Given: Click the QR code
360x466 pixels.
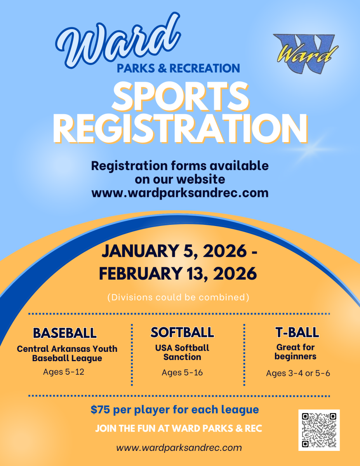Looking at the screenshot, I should point(319,430).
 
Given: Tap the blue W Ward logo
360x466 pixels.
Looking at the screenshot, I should point(305,54).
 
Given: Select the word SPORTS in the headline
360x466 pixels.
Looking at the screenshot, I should point(180,96).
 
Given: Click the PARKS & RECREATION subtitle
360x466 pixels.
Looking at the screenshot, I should point(178,68).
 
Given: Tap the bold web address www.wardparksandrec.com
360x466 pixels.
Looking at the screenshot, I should point(180,193).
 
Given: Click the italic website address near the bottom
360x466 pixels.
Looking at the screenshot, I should point(179,447).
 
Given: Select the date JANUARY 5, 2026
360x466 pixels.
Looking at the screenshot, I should point(174,252).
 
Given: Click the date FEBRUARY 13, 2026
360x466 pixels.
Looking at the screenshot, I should point(178,273).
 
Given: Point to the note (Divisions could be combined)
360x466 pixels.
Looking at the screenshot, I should point(178,297).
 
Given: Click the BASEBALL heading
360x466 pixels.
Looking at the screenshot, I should point(65,333).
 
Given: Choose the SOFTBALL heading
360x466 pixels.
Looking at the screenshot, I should point(182,332).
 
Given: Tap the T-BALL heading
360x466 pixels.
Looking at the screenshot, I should point(297,332).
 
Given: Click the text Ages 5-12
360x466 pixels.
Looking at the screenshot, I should point(64,372).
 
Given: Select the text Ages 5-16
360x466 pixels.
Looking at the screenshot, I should point(182,372).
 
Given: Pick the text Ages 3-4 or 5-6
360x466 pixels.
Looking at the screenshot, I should point(298,373).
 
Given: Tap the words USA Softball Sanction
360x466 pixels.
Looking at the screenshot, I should point(182,352).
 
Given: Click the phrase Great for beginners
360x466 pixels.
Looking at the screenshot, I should point(296,351).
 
